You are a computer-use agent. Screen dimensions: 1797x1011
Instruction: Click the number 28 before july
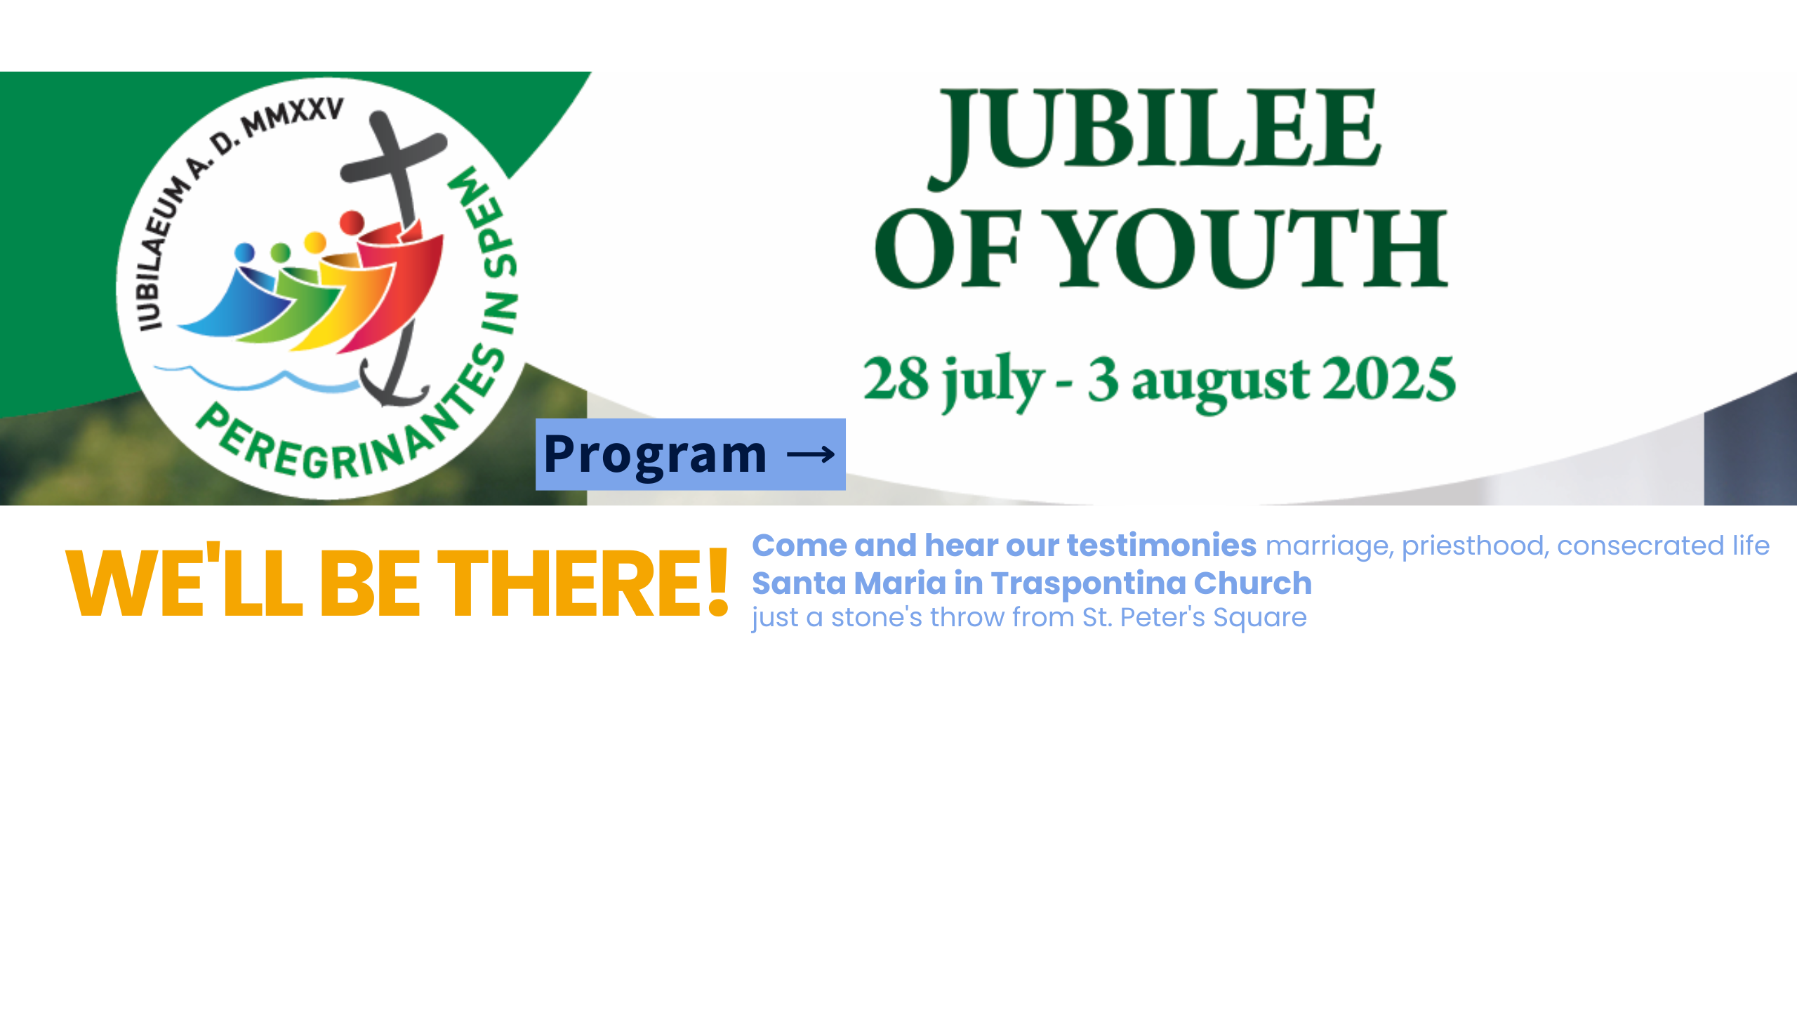(x=896, y=378)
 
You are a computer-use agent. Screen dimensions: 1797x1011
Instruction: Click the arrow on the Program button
(x=811, y=455)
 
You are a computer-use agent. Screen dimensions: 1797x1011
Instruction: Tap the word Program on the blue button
(x=655, y=455)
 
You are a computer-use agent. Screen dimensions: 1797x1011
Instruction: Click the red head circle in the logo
(x=352, y=223)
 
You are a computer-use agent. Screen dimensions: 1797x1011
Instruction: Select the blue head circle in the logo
(x=244, y=252)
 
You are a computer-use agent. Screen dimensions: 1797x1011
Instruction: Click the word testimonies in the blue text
(x=1162, y=546)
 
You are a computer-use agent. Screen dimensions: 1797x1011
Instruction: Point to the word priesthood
(x=1475, y=546)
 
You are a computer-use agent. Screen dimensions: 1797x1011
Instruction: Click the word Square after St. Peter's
(x=1260, y=619)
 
